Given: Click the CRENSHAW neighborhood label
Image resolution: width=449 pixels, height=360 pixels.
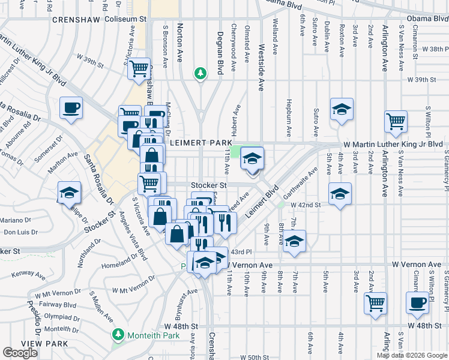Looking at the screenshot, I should point(76,20).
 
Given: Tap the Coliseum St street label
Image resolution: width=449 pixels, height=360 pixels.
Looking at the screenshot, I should point(125,19).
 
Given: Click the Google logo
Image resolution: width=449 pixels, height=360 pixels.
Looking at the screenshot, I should point(20,353).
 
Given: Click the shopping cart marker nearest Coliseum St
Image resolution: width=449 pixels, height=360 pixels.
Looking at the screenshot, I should point(139,68).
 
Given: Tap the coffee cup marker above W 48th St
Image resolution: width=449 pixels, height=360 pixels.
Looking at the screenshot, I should point(417,302).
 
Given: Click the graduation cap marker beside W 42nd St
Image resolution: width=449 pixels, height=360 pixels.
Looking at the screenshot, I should point(340,194).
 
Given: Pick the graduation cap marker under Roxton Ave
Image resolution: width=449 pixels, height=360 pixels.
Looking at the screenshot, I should point(342,109).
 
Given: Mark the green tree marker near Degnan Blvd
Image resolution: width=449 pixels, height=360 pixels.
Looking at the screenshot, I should point(200,73).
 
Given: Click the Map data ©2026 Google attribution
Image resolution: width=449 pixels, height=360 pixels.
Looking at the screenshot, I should point(412,355).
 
